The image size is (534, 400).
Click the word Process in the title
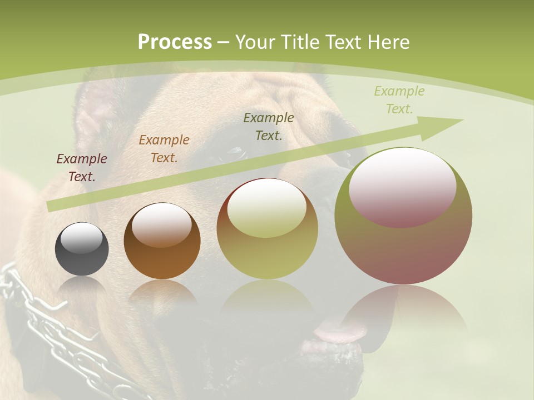pos(175,42)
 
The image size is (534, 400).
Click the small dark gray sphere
pos(82,249)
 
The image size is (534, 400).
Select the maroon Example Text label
pos(82,168)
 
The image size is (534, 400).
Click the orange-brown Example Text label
pos(164,149)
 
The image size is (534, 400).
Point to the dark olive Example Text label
pos(269,126)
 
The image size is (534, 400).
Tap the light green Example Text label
pos(399,100)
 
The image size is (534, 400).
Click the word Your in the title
pos(254,42)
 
